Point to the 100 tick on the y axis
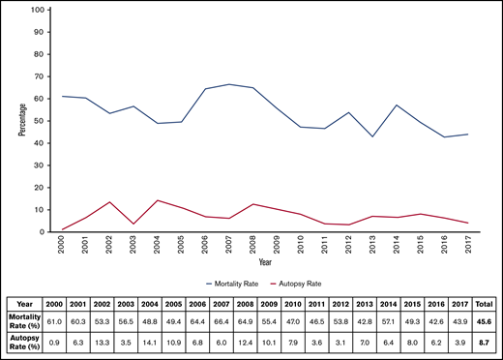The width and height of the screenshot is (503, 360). (37, 10)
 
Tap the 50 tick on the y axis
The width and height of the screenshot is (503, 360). (39, 121)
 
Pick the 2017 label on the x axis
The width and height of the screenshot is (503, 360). (467, 245)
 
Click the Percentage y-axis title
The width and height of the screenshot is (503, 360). (20, 120)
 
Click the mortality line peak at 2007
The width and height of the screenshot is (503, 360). (229, 84)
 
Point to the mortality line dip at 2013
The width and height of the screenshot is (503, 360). (371, 136)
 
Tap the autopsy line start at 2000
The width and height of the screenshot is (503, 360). (63, 229)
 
